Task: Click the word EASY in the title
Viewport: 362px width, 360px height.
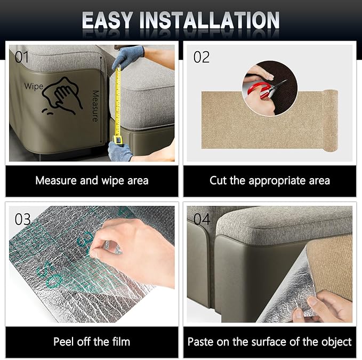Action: tap(107, 20)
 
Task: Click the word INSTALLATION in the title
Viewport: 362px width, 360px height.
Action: tap(210, 20)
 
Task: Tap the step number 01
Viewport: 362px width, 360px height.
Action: tap(22, 57)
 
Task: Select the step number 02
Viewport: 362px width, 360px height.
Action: tap(202, 57)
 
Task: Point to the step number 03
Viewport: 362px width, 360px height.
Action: tap(22, 219)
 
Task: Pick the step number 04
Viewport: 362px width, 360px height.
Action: tap(202, 219)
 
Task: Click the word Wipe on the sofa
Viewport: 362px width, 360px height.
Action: tap(34, 86)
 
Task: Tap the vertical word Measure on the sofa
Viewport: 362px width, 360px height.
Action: tap(95, 106)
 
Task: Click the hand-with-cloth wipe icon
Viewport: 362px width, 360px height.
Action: tap(62, 95)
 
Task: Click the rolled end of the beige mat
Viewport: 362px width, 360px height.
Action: tap(331, 121)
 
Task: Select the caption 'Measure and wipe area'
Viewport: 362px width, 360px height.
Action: tap(92, 180)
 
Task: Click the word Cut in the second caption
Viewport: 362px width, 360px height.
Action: tap(218, 180)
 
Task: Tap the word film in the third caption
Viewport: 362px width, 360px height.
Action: tap(121, 341)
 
